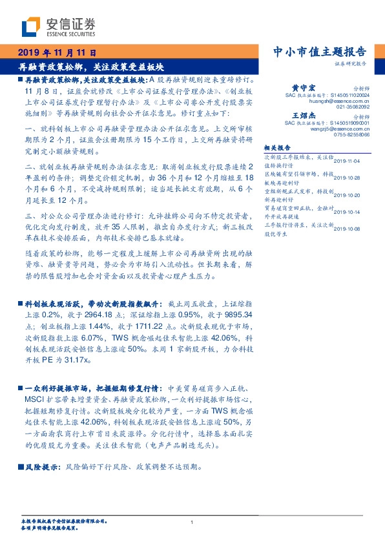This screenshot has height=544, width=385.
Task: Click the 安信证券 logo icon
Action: click(x=30, y=26)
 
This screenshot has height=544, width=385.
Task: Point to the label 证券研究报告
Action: click(x=351, y=65)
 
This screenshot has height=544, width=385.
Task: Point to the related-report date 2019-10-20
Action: click(x=349, y=194)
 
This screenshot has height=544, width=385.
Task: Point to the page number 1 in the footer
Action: click(x=192, y=522)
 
